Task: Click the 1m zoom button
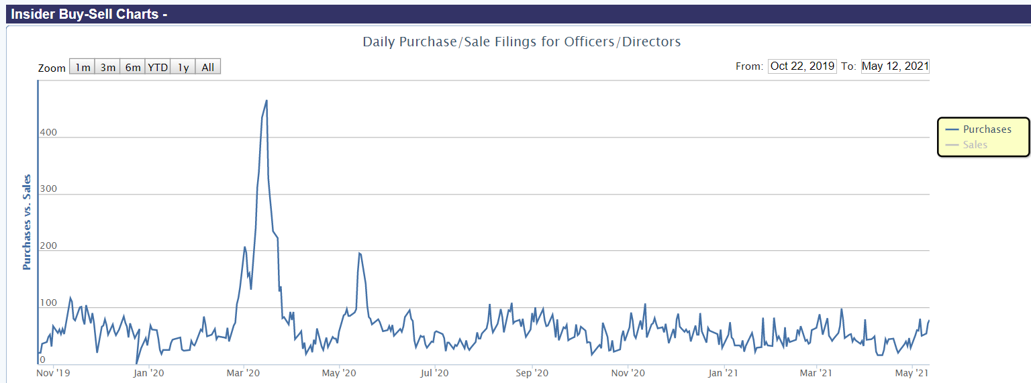[83, 67]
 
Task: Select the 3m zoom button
[107, 67]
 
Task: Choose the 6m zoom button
[133, 67]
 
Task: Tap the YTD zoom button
[158, 67]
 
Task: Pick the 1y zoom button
[183, 67]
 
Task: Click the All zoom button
[208, 67]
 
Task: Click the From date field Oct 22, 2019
[802, 66]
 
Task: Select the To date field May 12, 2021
[895, 66]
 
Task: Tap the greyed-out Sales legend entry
[975, 144]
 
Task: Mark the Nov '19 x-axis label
[53, 372]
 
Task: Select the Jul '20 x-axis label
[436, 372]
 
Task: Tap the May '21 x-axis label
[913, 372]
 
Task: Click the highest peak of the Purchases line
[266, 101]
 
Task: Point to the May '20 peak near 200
[360, 253]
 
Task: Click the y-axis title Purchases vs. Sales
[27, 222]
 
